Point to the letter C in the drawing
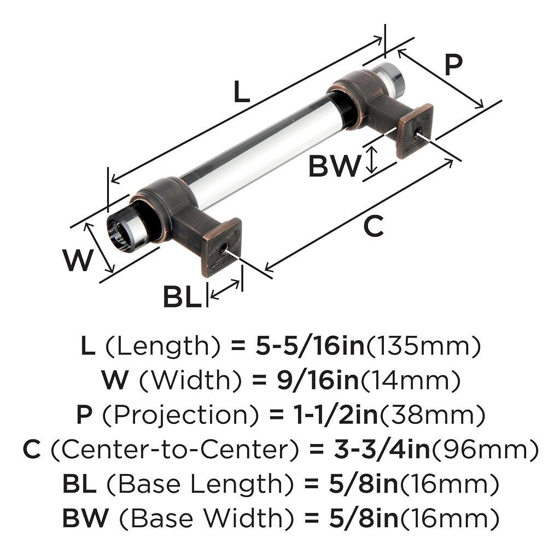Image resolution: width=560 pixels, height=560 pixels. (x=374, y=226)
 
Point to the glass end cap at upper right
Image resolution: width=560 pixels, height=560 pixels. (x=392, y=76)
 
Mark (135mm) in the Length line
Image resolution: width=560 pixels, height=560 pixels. (x=423, y=346)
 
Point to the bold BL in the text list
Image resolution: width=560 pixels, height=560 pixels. (x=80, y=485)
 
